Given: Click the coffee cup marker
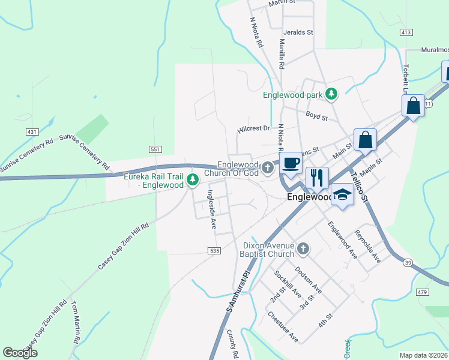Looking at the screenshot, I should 291,163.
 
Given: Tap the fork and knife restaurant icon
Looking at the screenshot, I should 317,178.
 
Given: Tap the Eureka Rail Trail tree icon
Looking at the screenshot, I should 192,179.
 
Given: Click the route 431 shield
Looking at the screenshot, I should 32,131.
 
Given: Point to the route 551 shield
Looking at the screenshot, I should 155,149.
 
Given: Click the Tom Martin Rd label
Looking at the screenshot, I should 76,322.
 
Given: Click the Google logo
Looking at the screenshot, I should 20,353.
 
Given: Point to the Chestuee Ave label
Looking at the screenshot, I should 283,326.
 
